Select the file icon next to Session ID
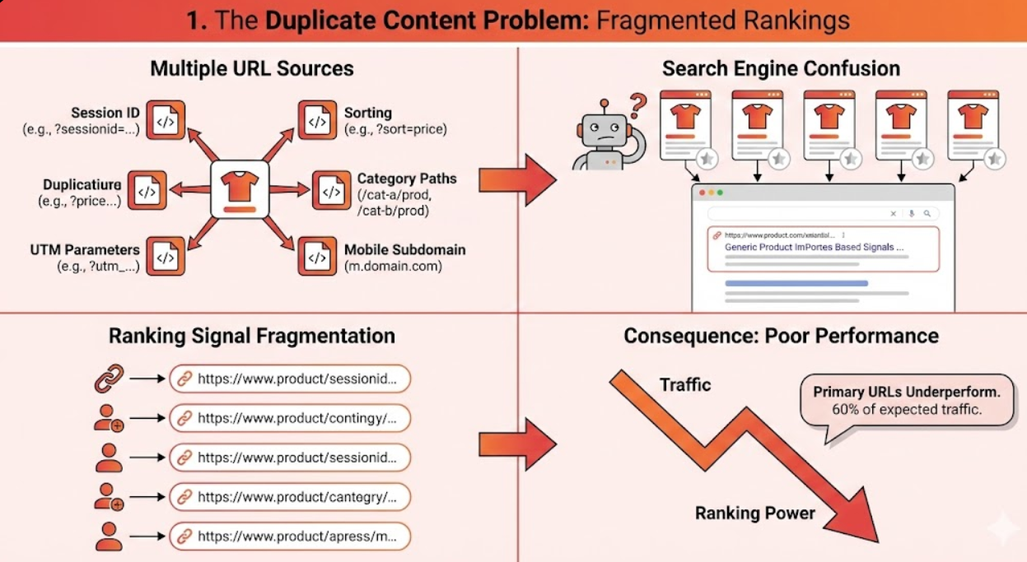click(166, 120)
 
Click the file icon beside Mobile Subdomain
click(317, 257)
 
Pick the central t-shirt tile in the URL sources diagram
click(240, 188)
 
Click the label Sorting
click(367, 113)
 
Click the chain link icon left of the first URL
click(107, 379)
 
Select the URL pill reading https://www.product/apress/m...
click(290, 536)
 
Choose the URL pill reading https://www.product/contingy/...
click(290, 418)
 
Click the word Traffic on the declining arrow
click(685, 384)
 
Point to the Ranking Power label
click(755, 513)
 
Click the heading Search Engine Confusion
click(781, 68)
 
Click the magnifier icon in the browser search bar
click(927, 214)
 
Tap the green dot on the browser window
click(720, 193)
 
